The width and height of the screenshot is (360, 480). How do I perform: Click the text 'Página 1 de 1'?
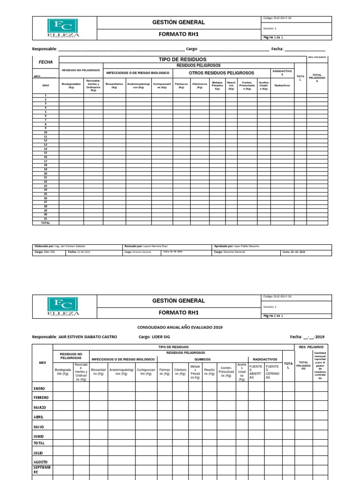(x=273, y=37)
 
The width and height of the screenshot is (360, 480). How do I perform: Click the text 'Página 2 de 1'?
(x=273, y=316)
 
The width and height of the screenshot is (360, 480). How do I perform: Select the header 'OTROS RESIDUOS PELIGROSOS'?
(x=221, y=73)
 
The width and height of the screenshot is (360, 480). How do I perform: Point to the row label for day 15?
(x=45, y=153)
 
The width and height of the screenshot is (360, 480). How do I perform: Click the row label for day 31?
(x=45, y=219)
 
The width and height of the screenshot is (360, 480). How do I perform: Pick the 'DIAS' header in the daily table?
(x=45, y=86)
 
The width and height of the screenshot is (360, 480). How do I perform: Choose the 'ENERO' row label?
(x=39, y=389)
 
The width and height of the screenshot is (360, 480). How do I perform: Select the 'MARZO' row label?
(x=40, y=407)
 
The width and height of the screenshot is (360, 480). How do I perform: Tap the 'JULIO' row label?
(x=38, y=453)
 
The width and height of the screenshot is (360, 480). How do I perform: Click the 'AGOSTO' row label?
(x=40, y=462)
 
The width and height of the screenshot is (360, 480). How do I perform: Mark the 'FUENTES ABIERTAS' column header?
(x=256, y=371)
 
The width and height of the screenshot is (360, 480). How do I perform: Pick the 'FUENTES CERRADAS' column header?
(x=272, y=371)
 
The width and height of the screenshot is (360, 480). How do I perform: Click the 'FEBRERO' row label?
(x=41, y=397)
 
